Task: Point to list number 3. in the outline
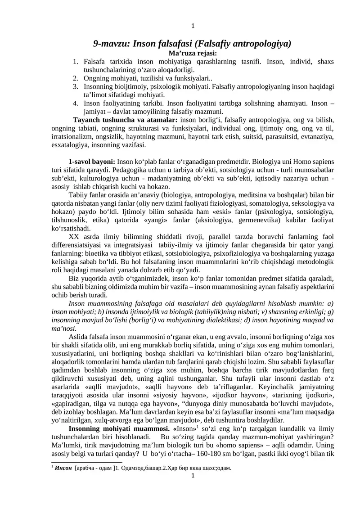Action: click(76, 87)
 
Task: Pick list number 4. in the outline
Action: click(76, 104)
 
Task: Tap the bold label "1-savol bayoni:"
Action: click(92, 162)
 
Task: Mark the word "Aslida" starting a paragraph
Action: click(78, 336)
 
